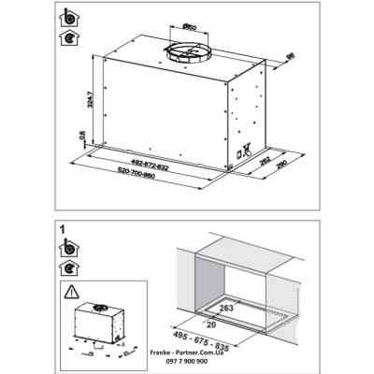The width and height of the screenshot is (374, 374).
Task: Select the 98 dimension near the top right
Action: (290, 58)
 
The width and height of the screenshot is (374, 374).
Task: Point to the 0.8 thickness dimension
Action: (82, 137)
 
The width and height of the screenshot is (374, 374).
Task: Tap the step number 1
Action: (62, 227)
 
